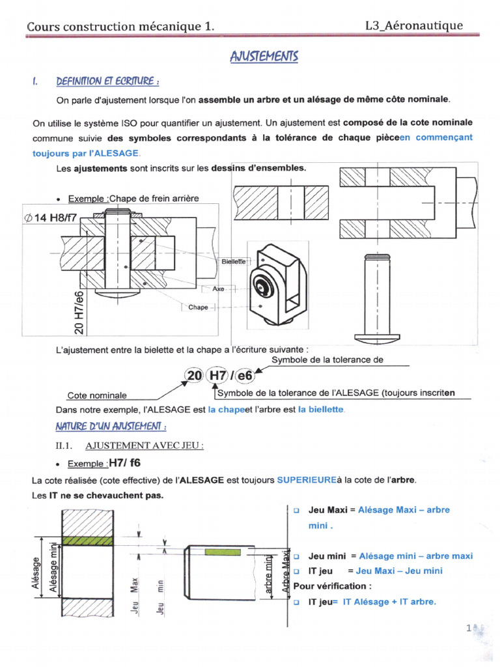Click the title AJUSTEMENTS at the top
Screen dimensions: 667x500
(x=264, y=57)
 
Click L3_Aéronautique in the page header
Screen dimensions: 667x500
(x=415, y=25)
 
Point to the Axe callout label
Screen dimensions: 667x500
(x=218, y=288)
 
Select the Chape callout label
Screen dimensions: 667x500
(x=199, y=307)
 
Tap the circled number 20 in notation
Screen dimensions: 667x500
(x=194, y=376)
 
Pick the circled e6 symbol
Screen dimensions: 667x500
(x=245, y=376)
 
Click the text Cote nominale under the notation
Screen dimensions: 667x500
(x=97, y=395)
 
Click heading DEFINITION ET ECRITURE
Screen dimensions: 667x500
(x=107, y=81)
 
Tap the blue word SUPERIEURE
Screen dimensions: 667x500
(x=306, y=480)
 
